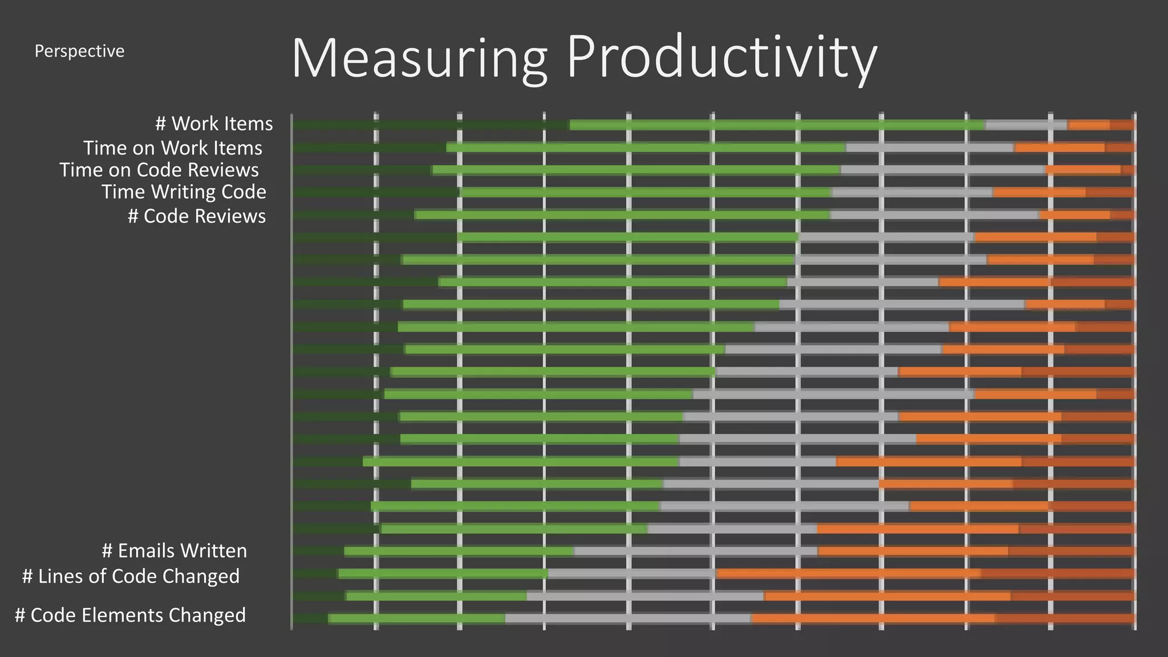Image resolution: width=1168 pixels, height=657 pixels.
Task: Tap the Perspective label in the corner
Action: pos(79,51)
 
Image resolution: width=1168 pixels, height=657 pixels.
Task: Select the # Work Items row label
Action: pos(214,124)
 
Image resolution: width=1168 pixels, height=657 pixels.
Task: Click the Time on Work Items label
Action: pos(173,148)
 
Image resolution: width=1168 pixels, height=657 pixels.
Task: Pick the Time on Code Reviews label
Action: pos(159,170)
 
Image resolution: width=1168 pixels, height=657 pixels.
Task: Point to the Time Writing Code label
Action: pos(184,192)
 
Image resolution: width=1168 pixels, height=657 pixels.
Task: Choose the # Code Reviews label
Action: pos(197,216)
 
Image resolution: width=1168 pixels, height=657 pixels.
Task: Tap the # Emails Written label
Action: pos(174,551)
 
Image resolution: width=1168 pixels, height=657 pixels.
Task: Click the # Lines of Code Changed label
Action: pos(131,576)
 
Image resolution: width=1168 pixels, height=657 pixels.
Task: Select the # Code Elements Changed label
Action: pos(130,615)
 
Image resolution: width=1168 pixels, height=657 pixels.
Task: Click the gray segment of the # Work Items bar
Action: pos(1025,125)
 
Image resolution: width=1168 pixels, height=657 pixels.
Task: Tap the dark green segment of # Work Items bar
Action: pos(431,125)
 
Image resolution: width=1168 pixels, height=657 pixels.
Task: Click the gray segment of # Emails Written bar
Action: pos(695,551)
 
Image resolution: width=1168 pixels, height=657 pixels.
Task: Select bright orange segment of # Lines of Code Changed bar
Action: pos(848,573)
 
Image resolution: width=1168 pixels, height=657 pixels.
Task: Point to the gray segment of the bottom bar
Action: pos(627,618)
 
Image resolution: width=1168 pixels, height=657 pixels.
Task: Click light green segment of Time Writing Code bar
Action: pos(644,193)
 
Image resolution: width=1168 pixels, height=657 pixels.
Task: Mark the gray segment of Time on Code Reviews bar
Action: pos(942,170)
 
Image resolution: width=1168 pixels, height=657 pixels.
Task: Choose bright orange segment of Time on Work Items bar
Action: pos(1059,148)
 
